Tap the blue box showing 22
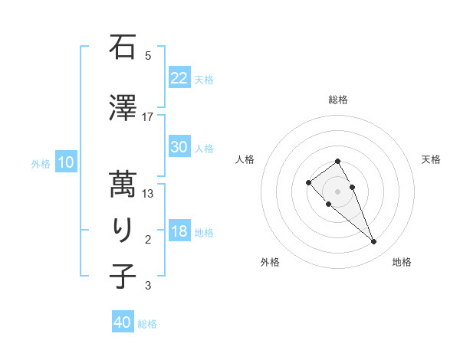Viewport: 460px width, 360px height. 179,77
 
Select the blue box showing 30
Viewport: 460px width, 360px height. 179,147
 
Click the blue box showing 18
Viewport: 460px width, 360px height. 179,231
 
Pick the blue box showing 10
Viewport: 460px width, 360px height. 66,162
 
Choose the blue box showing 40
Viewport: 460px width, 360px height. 123,322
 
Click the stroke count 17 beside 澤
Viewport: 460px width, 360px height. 148,116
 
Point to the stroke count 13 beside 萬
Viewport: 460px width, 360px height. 148,194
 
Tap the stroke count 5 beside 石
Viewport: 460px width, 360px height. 148,56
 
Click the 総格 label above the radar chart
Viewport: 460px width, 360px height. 338,100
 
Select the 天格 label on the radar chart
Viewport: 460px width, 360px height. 431,159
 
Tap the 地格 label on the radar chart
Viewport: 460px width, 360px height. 402,262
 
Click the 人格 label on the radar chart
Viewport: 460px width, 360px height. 245,159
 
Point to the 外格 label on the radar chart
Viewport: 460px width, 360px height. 270,262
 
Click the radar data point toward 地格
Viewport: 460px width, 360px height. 373,242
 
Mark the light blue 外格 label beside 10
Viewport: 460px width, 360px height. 40,163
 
